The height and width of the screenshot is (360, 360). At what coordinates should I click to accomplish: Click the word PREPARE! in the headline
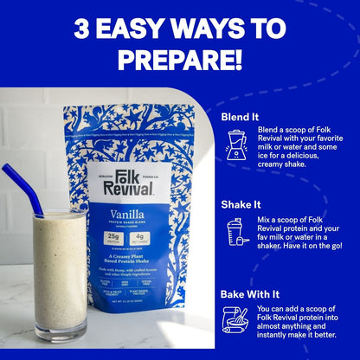(180, 60)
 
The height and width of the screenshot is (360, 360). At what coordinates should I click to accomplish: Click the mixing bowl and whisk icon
(235, 319)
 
